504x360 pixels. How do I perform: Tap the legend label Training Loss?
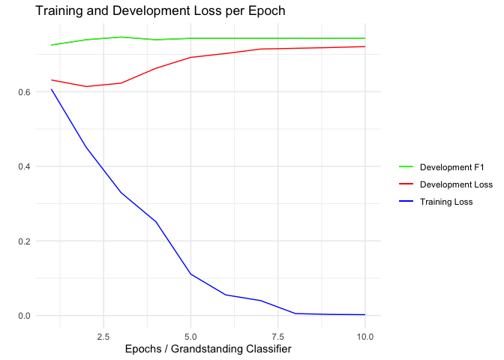pos(447,202)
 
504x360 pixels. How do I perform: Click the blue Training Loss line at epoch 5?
pos(190,274)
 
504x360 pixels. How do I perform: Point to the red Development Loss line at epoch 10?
pos(364,46)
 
